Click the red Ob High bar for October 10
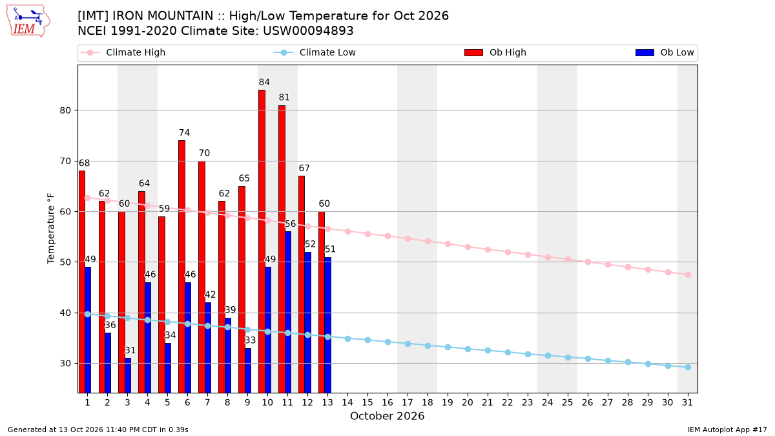[262, 241]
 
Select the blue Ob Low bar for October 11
[288, 312]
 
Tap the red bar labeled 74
[181, 266]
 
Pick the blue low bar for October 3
[128, 375]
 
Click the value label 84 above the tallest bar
[264, 82]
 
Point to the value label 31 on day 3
[130, 350]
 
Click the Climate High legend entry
[123, 52]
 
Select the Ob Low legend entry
[665, 52]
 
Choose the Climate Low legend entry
[315, 52]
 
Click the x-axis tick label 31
[687, 402]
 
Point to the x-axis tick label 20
[468, 402]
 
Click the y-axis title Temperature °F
[51, 229]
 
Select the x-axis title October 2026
[387, 416]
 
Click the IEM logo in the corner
[28, 21]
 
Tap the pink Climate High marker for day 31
[688, 275]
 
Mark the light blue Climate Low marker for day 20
[468, 349]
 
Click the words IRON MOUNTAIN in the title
[163, 16]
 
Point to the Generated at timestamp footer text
[98, 430]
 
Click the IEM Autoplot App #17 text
[727, 430]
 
